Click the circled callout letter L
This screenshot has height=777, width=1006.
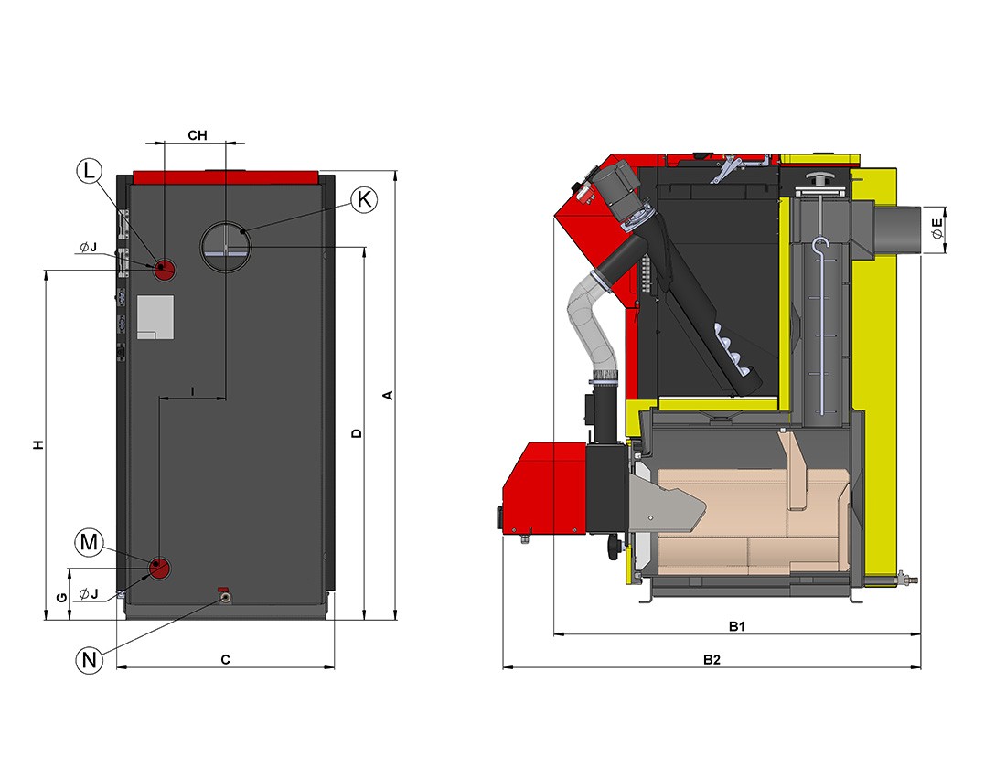pos(89,171)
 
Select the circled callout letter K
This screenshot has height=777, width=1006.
pos(364,199)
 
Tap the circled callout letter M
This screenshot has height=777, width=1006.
pos(89,542)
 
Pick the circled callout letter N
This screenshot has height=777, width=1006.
pos(89,660)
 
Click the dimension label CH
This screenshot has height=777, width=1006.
pos(197,135)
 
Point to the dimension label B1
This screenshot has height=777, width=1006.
pos(736,625)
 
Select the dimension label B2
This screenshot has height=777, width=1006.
pos(712,659)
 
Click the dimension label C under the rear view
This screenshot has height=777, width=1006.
pos(225,659)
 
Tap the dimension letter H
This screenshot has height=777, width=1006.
pos(39,444)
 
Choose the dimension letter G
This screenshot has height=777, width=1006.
pos(61,598)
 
